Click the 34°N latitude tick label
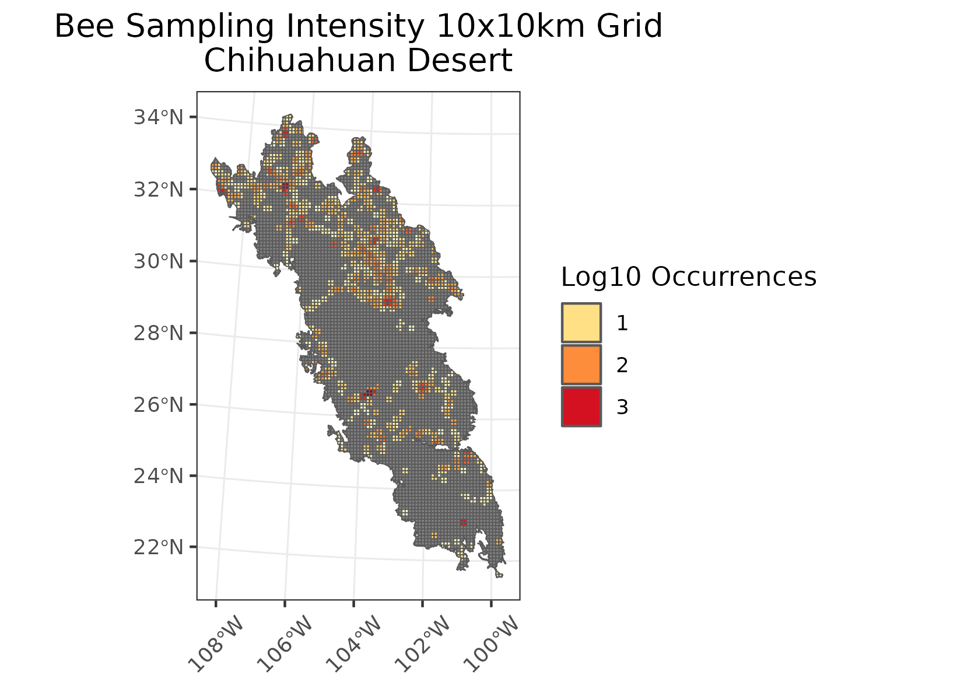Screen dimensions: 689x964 [x=159, y=118]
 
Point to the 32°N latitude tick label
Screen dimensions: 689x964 [x=159, y=190]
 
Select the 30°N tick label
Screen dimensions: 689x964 [x=159, y=261]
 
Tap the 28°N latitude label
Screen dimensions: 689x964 [x=159, y=334]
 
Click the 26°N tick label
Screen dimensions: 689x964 [x=159, y=405]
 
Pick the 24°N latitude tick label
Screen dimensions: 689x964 [x=159, y=477]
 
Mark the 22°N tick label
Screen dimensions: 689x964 [x=159, y=548]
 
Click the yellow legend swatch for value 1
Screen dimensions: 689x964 [x=581, y=323]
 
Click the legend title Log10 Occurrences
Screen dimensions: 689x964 [x=688, y=277]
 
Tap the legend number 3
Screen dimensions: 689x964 [x=622, y=407]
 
